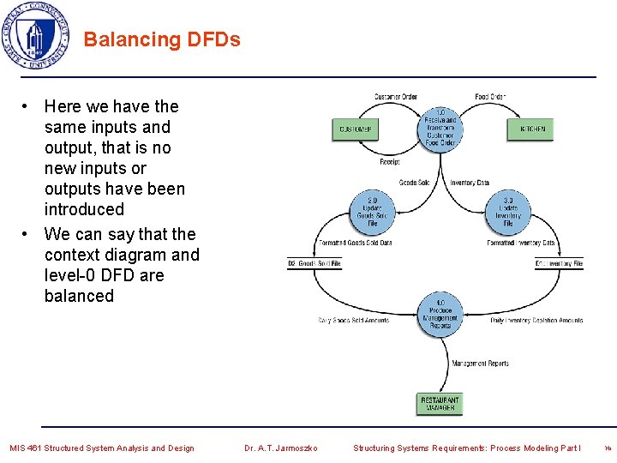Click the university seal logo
[x=35, y=36]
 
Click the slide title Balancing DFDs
[x=162, y=39]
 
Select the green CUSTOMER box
[x=355, y=129]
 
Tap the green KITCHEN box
[x=531, y=129]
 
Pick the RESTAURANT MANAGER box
[x=440, y=403]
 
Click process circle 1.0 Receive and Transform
[x=440, y=127]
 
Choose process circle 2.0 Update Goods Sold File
[x=373, y=212]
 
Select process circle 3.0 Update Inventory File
[x=508, y=212]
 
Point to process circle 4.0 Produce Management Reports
[x=440, y=313]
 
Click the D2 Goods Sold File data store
[x=314, y=263]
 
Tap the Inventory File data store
[x=559, y=263]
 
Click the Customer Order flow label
[x=395, y=97]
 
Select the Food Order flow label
[x=490, y=97]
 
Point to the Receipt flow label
[x=390, y=162]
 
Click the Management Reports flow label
[x=480, y=364]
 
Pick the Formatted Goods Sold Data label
[x=355, y=243]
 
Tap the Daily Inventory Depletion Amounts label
[x=536, y=321]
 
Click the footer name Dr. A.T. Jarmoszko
[x=280, y=448]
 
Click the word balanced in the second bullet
[x=79, y=296]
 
